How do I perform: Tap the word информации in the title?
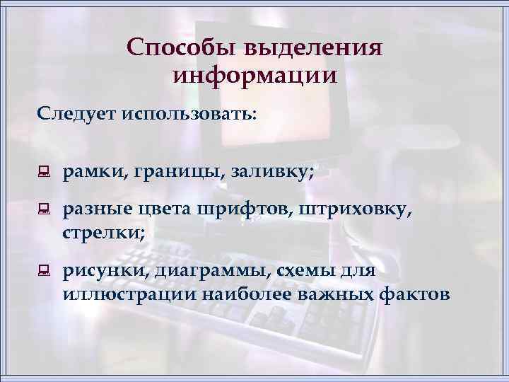click(x=255, y=74)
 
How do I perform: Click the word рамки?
click(x=90, y=170)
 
